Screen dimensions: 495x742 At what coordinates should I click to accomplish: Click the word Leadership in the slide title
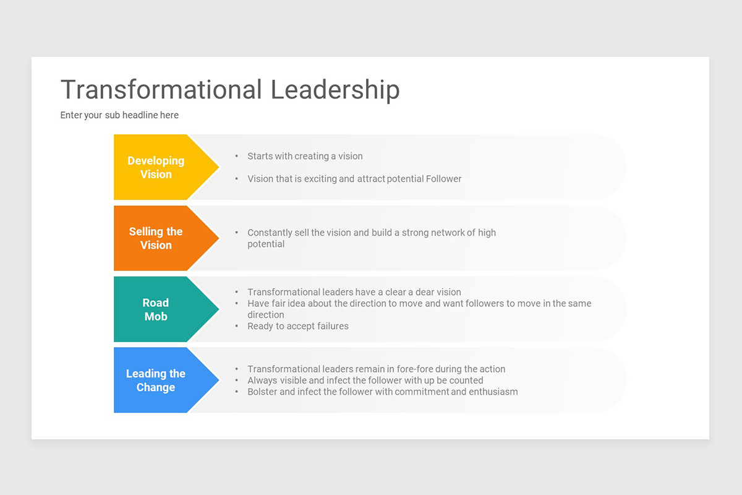tap(335, 90)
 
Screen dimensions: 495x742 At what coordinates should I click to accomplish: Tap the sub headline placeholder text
tap(119, 115)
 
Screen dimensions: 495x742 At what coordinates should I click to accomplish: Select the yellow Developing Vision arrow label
tap(156, 167)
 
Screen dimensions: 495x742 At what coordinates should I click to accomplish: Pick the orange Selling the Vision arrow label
tap(156, 238)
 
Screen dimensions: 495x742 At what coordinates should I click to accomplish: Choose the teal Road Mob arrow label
tap(156, 309)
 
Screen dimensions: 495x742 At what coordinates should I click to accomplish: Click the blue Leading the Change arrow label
tap(156, 381)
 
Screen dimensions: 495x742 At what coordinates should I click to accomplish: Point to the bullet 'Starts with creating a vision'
tap(305, 156)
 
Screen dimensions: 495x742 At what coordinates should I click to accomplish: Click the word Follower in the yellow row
tap(443, 179)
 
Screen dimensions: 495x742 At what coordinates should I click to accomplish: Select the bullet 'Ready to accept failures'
tap(298, 326)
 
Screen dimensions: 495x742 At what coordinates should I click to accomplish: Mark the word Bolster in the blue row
tap(263, 392)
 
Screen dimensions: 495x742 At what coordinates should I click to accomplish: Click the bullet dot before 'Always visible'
tap(237, 381)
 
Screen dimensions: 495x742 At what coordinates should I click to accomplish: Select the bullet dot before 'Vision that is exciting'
tap(237, 179)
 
